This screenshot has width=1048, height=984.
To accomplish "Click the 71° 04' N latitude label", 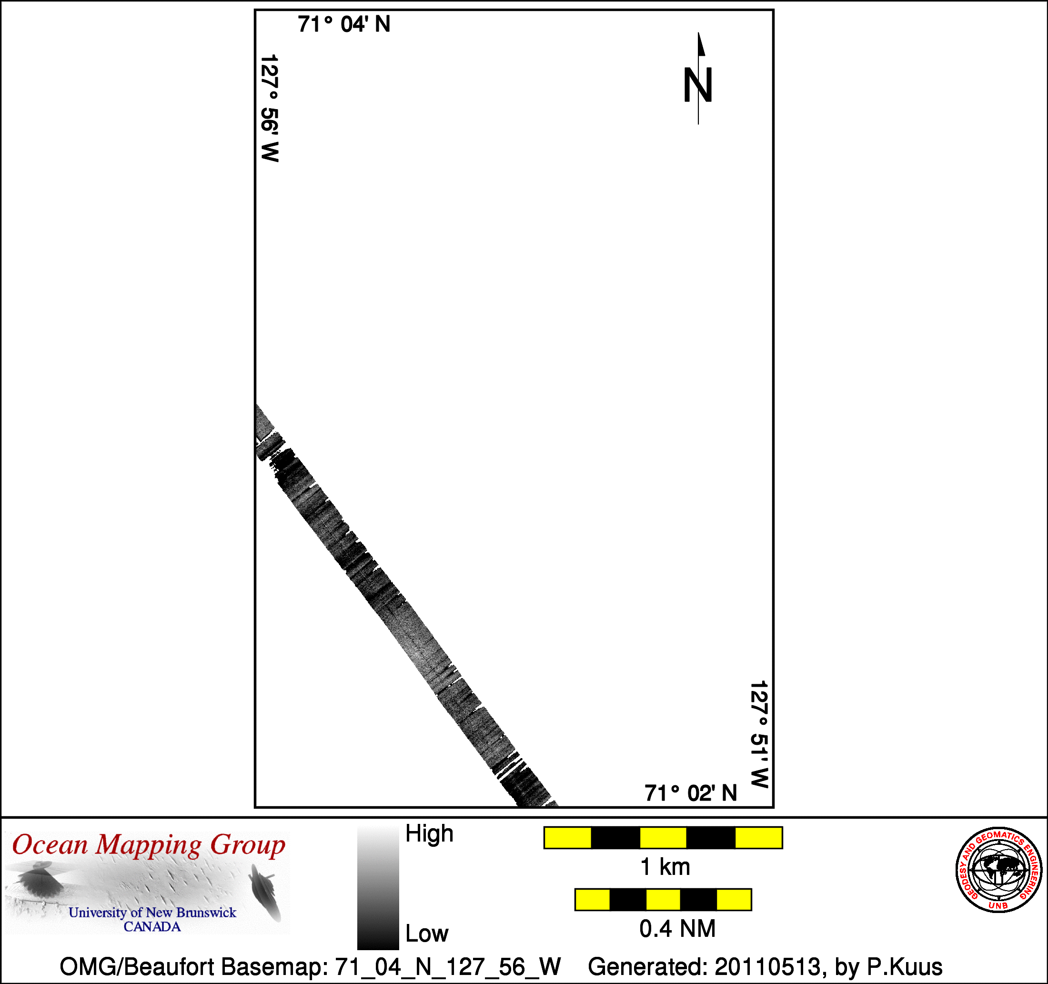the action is point(344,24).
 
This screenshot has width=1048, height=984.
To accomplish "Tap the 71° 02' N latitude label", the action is point(691,793).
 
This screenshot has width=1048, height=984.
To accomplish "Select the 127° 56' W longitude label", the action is point(270,108).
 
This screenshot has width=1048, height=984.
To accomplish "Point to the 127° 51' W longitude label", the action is point(759,735).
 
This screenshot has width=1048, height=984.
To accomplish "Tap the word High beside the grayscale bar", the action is point(429,834).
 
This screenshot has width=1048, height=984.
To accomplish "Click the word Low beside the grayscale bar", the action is point(426,934).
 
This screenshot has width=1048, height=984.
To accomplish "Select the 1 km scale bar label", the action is point(665,867).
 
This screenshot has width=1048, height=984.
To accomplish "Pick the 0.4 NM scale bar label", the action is point(677,929).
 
